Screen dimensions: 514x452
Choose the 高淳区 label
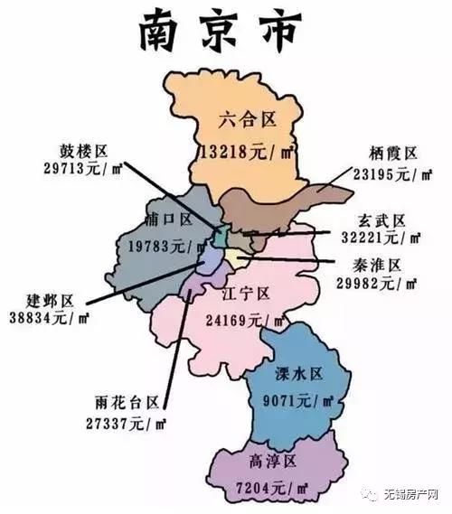coord(273,462)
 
